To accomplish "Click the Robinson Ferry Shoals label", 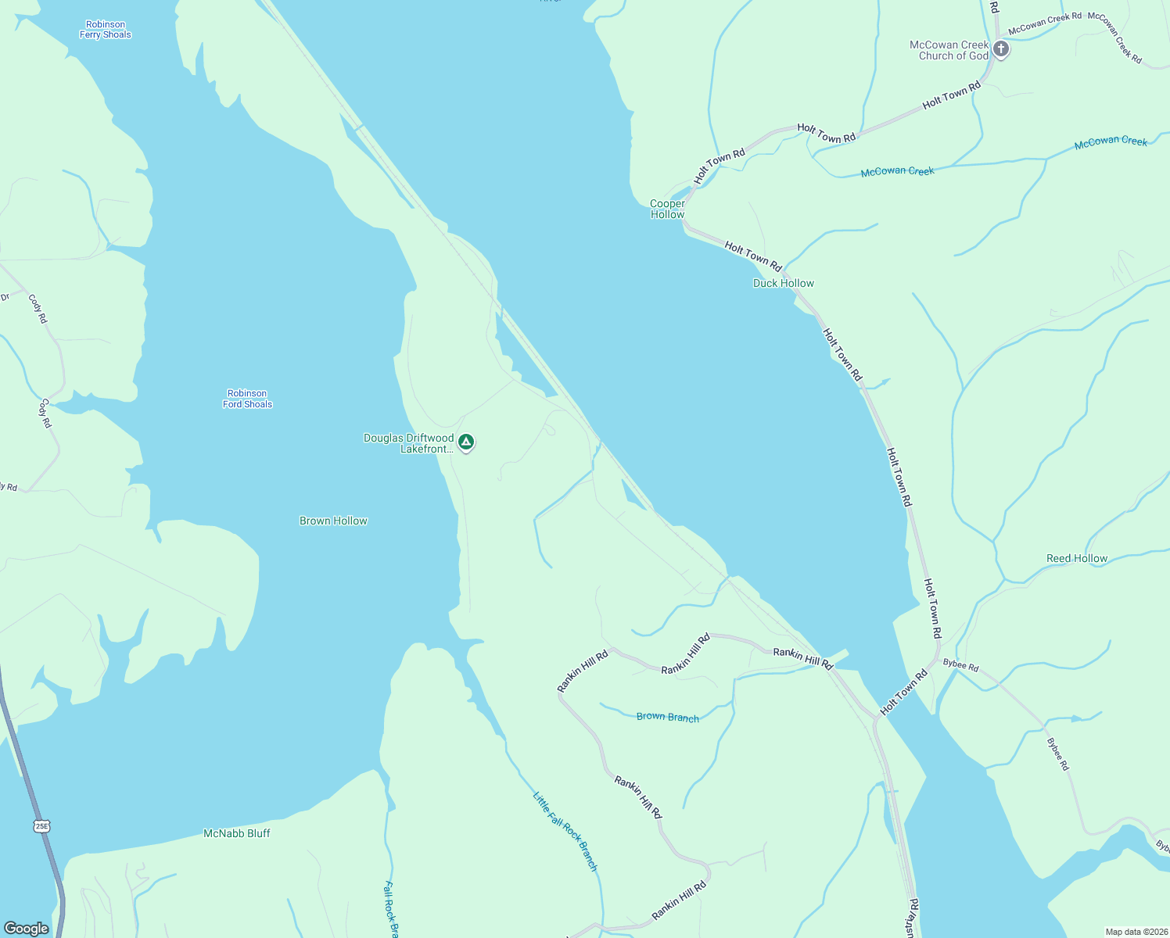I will pos(106,30).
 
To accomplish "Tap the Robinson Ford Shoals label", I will pos(247,399).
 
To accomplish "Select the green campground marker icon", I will pos(466,442).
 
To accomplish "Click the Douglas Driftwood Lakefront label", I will pos(408,443).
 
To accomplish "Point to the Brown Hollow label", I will pos(333,521).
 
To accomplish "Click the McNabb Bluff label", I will pos(236,833).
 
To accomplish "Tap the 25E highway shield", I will pos(41,825).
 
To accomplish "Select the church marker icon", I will pos(1000,49).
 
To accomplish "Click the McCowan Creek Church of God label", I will pos(949,50).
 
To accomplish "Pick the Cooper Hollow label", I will pos(667,209).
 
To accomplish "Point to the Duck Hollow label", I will pos(783,283).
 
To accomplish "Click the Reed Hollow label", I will pos(1077,558).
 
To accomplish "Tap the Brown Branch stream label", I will pos(667,717).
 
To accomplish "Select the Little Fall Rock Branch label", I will pos(565,832).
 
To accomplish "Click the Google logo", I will pos(27,928).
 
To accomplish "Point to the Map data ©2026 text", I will pos(1136,932).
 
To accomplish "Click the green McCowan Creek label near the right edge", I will pos(1111,141).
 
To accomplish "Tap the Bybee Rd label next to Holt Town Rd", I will pos(960,665).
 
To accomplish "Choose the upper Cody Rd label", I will pos(38,309).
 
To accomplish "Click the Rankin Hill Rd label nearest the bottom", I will pos(679,900).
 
